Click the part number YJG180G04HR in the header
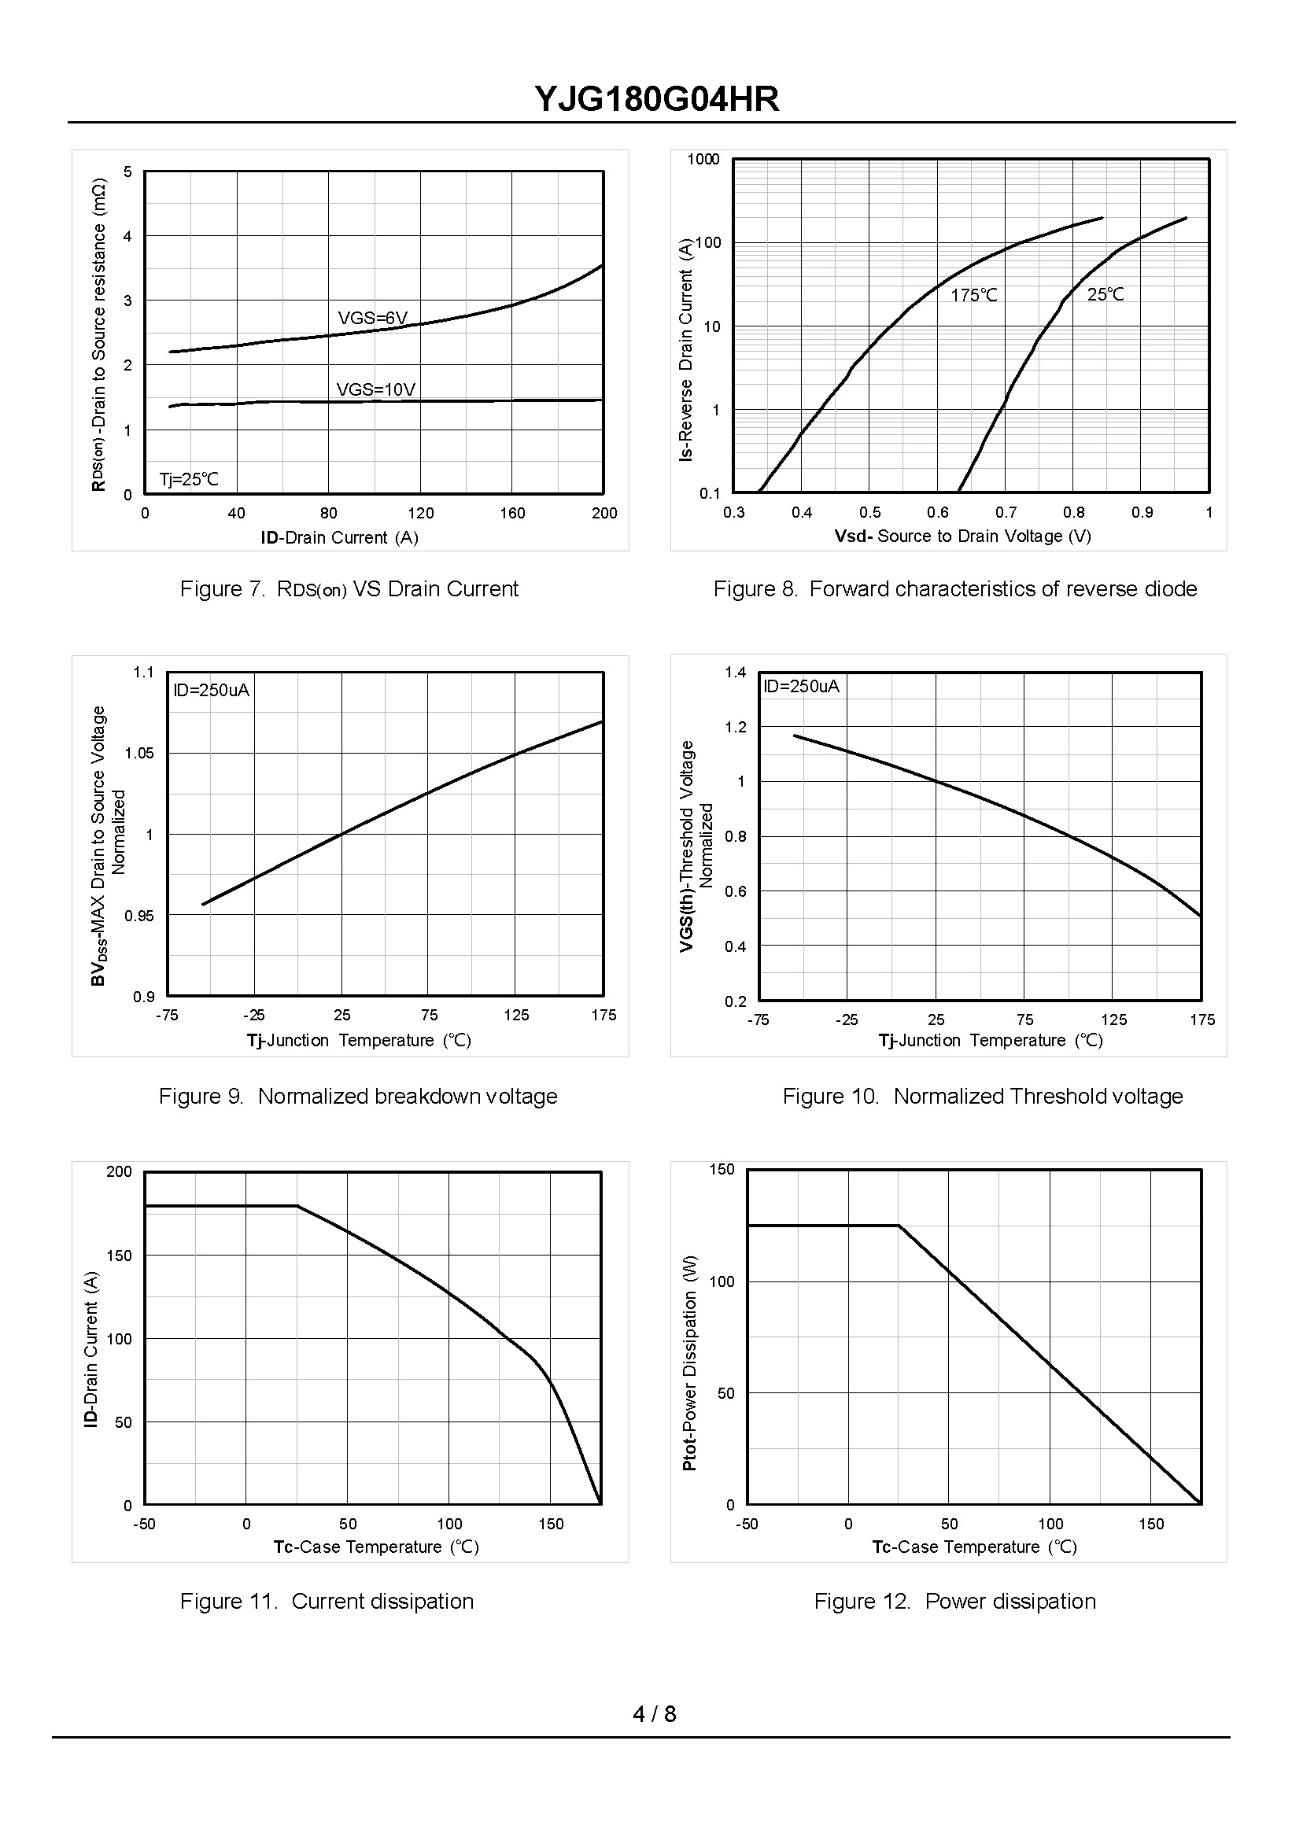[656, 100]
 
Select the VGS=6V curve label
[373, 319]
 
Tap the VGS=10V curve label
[375, 390]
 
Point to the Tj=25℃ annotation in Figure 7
[189, 480]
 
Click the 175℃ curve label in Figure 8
[973, 295]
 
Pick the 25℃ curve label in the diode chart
[1106, 294]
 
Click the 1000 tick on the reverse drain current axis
[703, 159]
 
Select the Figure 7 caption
[349, 589]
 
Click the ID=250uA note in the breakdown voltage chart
[211, 690]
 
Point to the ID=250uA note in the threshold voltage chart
[801, 686]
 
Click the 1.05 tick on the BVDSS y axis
[138, 753]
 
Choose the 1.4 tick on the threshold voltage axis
[735, 672]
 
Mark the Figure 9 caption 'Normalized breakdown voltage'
[358, 1097]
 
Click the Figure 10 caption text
[982, 1097]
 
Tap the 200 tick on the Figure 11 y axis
[119, 1172]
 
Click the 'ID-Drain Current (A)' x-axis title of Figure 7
[339, 537]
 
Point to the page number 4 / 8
[654, 1714]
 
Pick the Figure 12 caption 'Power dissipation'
[954, 1601]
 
